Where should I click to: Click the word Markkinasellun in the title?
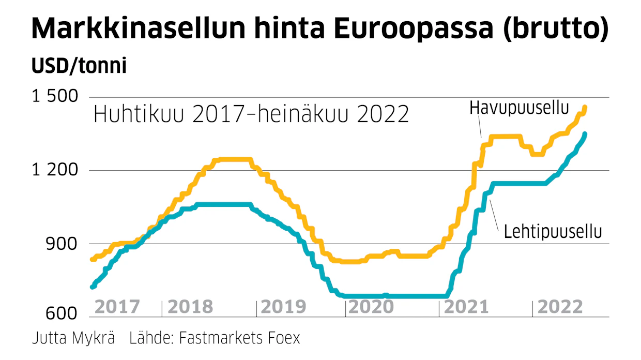tap(139, 28)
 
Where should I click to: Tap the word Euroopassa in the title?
tap(414, 28)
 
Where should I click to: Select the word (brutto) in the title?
tap(556, 28)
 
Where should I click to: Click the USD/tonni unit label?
tap(79, 66)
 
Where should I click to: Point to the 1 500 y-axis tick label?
tap(55, 96)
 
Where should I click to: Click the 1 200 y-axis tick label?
tap(55, 170)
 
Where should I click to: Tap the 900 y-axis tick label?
tap(61, 244)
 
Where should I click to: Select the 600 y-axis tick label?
tap(61, 313)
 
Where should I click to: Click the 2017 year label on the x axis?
tap(117, 307)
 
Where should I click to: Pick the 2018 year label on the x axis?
tap(190, 307)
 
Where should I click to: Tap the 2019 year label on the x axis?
tap(284, 307)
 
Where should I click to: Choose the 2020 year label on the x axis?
tap(371, 307)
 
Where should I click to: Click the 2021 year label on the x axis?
tap(466, 307)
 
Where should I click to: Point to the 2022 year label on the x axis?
tap(560, 307)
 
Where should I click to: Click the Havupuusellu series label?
tap(519, 108)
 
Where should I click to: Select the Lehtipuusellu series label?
tap(553, 231)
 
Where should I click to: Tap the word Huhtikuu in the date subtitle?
tap(139, 114)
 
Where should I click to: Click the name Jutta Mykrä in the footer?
tap(73, 338)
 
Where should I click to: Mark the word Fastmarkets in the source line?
tap(221, 338)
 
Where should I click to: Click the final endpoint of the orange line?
tap(585, 108)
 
